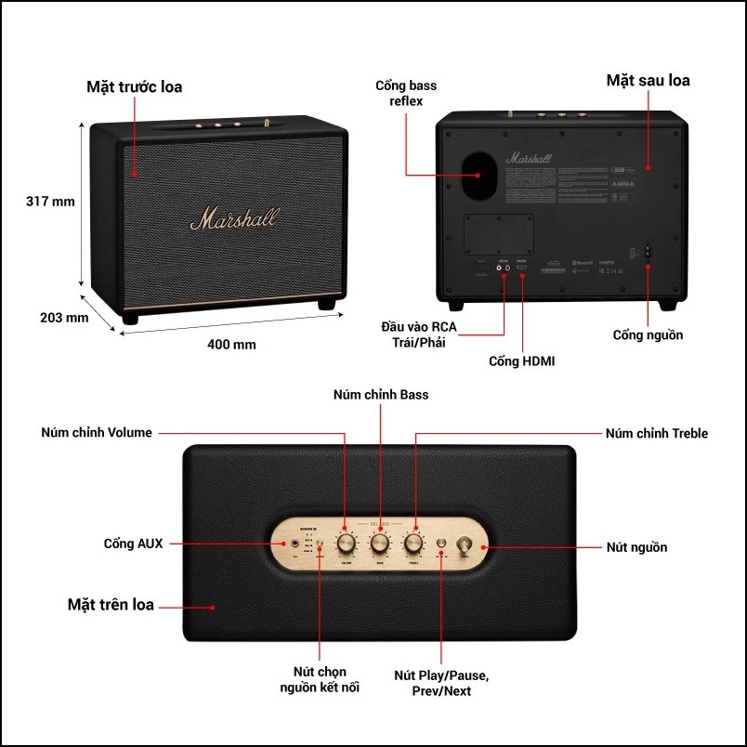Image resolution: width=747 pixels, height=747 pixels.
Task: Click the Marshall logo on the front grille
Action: (x=234, y=219)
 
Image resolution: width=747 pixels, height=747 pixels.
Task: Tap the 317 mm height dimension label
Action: (x=50, y=201)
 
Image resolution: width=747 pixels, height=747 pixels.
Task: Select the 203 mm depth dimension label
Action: (x=64, y=318)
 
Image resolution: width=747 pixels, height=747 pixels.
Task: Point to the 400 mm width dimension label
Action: (x=231, y=345)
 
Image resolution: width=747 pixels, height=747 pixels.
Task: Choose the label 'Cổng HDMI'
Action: (x=521, y=360)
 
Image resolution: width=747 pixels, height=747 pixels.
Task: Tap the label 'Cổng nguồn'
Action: (x=648, y=334)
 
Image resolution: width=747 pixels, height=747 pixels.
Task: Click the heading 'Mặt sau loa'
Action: (x=648, y=80)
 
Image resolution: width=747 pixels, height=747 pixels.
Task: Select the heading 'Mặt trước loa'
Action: (x=135, y=87)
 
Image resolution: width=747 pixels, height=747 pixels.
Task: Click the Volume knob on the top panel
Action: (x=346, y=543)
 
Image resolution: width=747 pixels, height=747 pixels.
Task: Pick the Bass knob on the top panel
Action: (x=380, y=543)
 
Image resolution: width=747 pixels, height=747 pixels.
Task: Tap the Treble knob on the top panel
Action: (x=413, y=543)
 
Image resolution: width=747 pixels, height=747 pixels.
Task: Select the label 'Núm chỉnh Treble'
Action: (x=656, y=433)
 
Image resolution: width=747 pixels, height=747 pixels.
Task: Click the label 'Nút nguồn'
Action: (x=636, y=547)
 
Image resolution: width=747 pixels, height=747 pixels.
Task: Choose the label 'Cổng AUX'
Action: (x=133, y=544)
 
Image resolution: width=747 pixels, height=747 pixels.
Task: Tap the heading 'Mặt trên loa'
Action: (x=111, y=605)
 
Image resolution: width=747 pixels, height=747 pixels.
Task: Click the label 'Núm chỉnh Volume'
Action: (x=97, y=432)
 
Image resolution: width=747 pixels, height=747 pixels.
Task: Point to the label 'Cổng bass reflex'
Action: (x=406, y=93)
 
